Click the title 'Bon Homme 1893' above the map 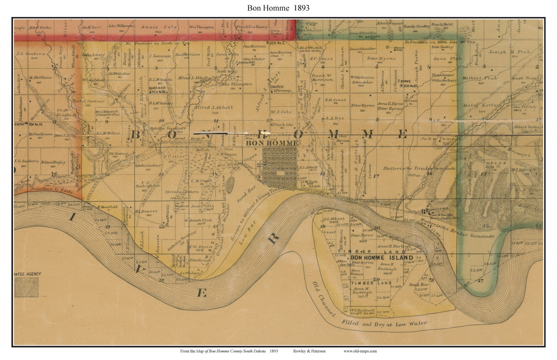(x=278, y=7)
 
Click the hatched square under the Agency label (x=26, y=287)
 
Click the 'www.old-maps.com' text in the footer (x=360, y=351)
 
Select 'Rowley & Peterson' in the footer (x=309, y=351)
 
